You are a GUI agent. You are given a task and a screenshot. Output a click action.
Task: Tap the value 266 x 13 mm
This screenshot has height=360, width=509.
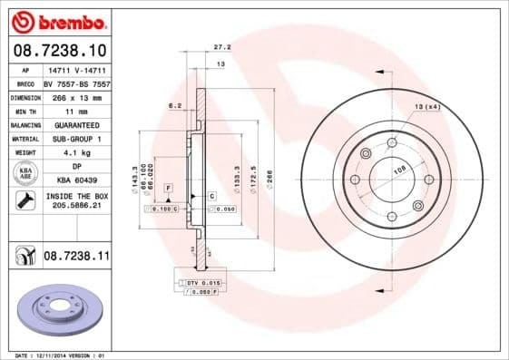[76, 96]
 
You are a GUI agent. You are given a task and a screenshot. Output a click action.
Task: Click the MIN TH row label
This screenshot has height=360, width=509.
[24, 110]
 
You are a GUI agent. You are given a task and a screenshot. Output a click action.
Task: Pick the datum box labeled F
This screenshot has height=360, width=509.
[168, 186]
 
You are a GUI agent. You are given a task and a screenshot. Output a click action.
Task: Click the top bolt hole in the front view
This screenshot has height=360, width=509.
[391, 142]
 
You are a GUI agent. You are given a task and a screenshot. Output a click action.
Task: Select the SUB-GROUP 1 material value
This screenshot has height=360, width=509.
[76, 138]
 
